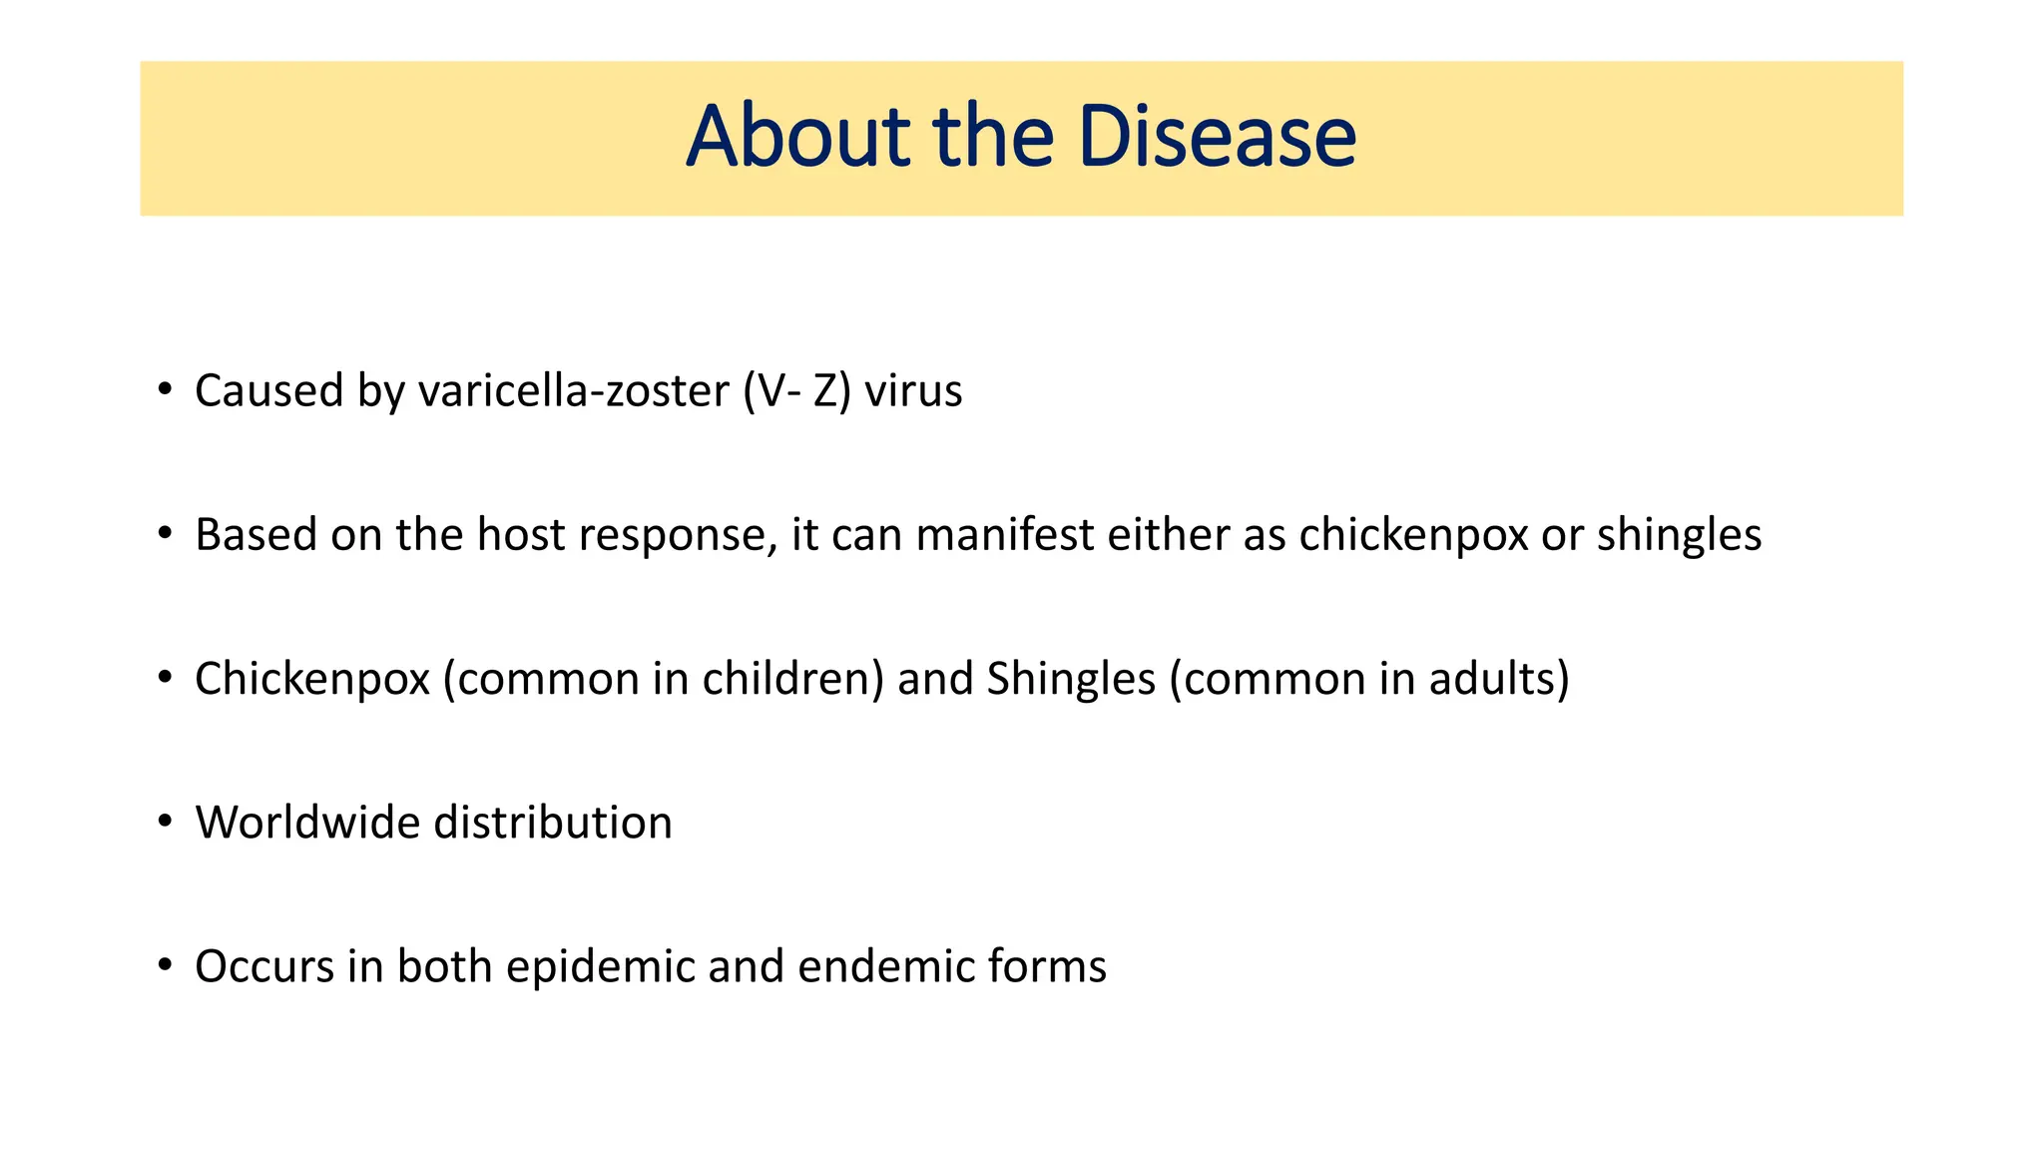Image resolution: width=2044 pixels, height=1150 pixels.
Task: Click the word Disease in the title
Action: [x=1217, y=137]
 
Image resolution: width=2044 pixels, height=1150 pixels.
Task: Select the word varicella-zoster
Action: [x=574, y=390]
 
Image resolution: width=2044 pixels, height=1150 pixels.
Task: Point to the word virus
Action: [x=913, y=390]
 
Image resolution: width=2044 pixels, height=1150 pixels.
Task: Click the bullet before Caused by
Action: [x=165, y=389]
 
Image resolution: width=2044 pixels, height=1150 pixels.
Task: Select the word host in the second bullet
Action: [x=521, y=534]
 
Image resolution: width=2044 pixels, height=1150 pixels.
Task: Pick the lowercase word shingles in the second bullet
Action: [x=1679, y=536]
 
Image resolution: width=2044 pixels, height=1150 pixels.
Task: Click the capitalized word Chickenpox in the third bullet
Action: [x=312, y=680]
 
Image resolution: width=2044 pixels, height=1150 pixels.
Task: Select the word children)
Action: [x=793, y=679]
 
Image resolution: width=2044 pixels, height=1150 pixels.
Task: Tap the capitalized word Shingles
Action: [x=1071, y=680]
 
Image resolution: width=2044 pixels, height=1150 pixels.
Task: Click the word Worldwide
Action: [x=307, y=823]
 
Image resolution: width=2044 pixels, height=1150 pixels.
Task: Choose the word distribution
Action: [x=553, y=823]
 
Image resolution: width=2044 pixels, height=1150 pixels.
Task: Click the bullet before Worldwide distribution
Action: [x=165, y=822]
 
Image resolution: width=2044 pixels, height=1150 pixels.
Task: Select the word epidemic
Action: [x=600, y=967]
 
